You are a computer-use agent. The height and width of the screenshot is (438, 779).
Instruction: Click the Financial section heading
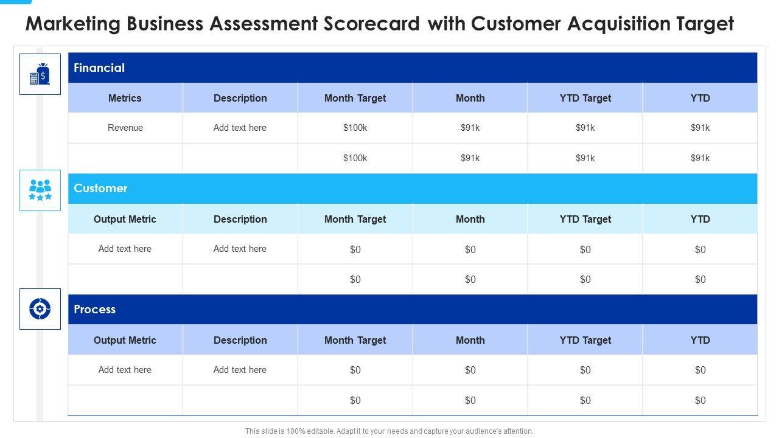tap(99, 68)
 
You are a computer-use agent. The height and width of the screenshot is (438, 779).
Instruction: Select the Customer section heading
tap(100, 189)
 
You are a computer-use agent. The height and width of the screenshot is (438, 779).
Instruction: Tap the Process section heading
tap(94, 310)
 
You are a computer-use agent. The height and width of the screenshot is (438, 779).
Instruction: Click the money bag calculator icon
tap(40, 74)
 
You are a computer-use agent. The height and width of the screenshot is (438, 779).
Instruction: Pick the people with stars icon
tap(40, 190)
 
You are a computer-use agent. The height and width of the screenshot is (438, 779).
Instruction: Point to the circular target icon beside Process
tap(40, 309)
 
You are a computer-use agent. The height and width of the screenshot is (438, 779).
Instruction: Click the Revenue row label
tap(125, 128)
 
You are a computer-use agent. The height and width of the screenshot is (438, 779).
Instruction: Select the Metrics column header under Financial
tap(125, 98)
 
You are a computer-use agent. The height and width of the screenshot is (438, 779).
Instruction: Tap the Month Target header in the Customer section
tap(355, 219)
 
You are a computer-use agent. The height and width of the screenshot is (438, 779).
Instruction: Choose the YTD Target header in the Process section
tap(585, 340)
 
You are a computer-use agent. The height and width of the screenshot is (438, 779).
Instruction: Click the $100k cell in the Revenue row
tap(355, 128)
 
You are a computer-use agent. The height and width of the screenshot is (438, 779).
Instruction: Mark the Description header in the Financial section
tap(240, 98)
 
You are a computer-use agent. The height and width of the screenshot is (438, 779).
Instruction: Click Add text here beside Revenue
tap(240, 128)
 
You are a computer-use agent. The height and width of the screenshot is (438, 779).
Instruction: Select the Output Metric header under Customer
tap(125, 219)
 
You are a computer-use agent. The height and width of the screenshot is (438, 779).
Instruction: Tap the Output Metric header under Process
tap(125, 340)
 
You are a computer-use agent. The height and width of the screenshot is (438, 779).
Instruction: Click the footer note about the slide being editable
tap(389, 431)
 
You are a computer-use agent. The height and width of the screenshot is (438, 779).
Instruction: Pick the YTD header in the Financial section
tap(700, 98)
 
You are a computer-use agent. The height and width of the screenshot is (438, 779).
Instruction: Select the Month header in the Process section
tap(470, 340)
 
